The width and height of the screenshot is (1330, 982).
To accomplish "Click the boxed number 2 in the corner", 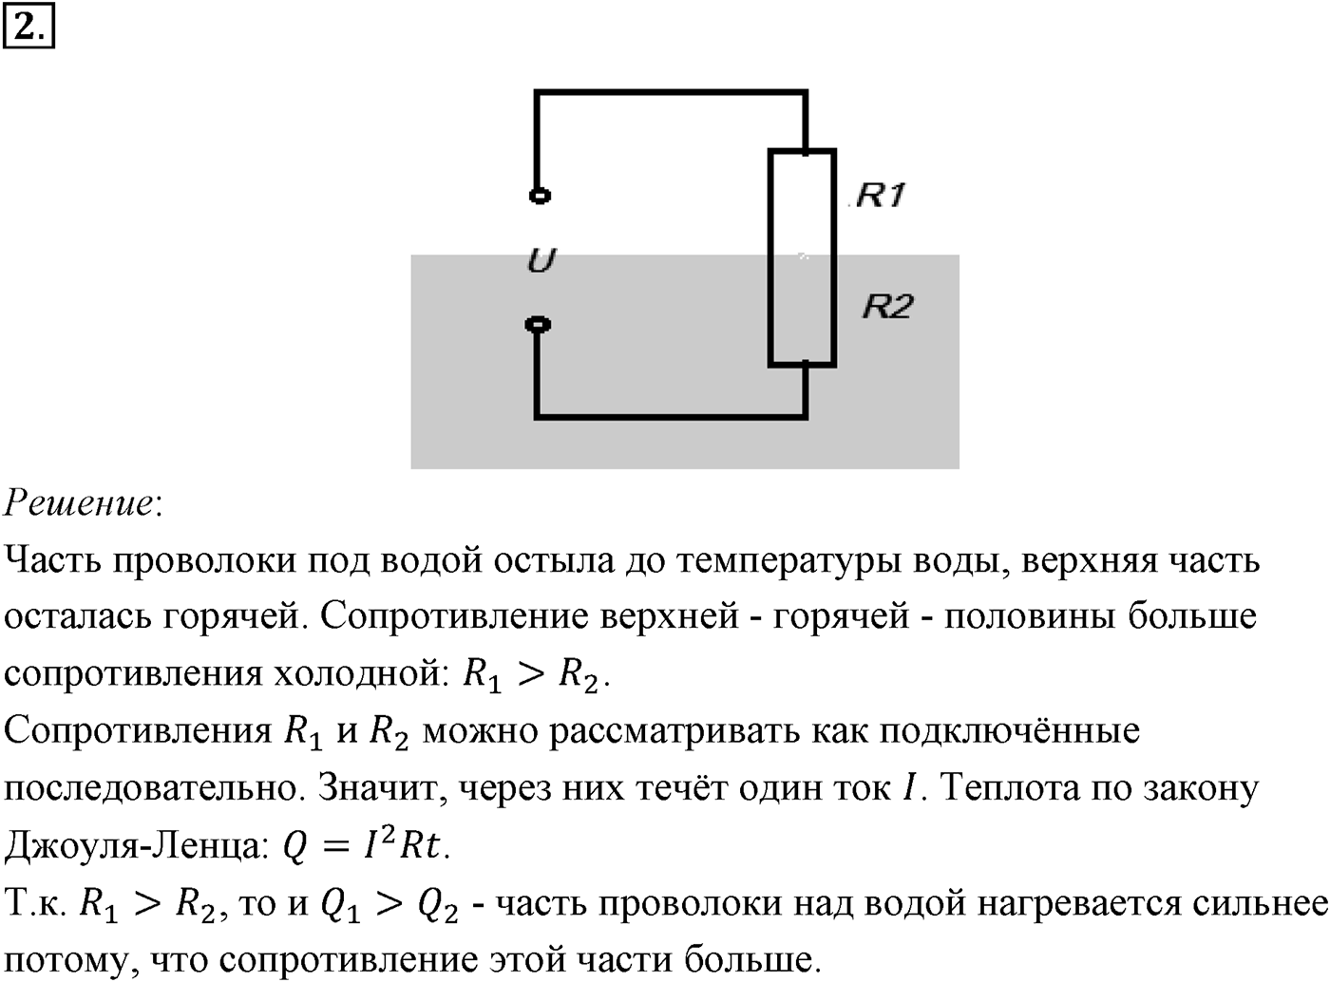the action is pos(28,26).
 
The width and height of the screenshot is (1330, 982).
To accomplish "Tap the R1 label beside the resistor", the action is pos(881,195).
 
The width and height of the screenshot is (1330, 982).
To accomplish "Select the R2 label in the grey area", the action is pos(887,306).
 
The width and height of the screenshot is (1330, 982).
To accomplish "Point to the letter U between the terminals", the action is pos(541,260).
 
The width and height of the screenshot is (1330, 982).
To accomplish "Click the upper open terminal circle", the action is pos(540,196).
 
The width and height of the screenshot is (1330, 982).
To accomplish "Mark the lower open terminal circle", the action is pos(538,325).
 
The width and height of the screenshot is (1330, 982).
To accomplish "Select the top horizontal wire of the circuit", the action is pos(671,93).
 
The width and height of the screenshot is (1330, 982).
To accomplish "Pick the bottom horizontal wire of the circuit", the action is pos(671,415).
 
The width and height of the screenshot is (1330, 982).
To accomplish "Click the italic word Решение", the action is pos(79,502).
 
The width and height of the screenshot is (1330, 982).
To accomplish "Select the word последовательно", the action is pos(150,789).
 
